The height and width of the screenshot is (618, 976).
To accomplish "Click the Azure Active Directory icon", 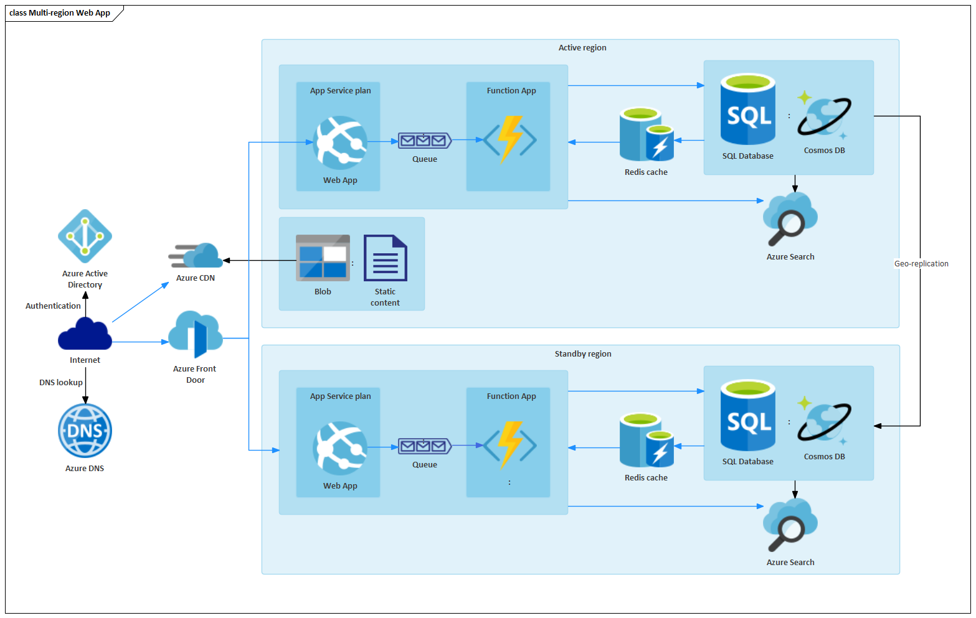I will (x=85, y=236).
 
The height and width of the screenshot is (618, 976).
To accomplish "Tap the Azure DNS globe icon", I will (x=85, y=431).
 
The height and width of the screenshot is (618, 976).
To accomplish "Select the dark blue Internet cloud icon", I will (x=85, y=334).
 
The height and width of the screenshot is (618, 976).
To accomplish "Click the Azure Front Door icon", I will (x=196, y=334).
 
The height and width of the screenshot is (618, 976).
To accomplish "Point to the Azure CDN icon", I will (x=197, y=255).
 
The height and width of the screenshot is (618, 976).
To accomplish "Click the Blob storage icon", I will (x=323, y=257).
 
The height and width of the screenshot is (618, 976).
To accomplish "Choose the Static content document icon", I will (x=385, y=258).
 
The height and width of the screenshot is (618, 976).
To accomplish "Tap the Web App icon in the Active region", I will (x=340, y=143).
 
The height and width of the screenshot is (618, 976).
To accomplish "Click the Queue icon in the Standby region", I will (x=425, y=446).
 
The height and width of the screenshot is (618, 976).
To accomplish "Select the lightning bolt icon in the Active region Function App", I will (x=509, y=139).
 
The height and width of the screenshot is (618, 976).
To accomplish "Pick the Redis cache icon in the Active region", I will (x=646, y=134).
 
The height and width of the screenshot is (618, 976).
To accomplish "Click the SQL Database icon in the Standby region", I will (x=747, y=415).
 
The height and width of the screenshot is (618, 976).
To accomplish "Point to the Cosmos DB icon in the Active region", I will (x=824, y=116).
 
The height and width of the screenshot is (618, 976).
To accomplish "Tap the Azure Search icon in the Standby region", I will (x=790, y=525).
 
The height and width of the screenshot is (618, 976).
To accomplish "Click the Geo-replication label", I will (x=921, y=264).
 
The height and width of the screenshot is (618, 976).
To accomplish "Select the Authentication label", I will (x=53, y=306).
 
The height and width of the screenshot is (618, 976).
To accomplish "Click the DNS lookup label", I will (x=60, y=383).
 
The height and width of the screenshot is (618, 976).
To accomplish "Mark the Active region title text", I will (x=582, y=48).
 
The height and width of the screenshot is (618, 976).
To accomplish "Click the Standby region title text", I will (x=582, y=354).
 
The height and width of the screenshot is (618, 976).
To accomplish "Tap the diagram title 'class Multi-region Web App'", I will (x=60, y=13).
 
